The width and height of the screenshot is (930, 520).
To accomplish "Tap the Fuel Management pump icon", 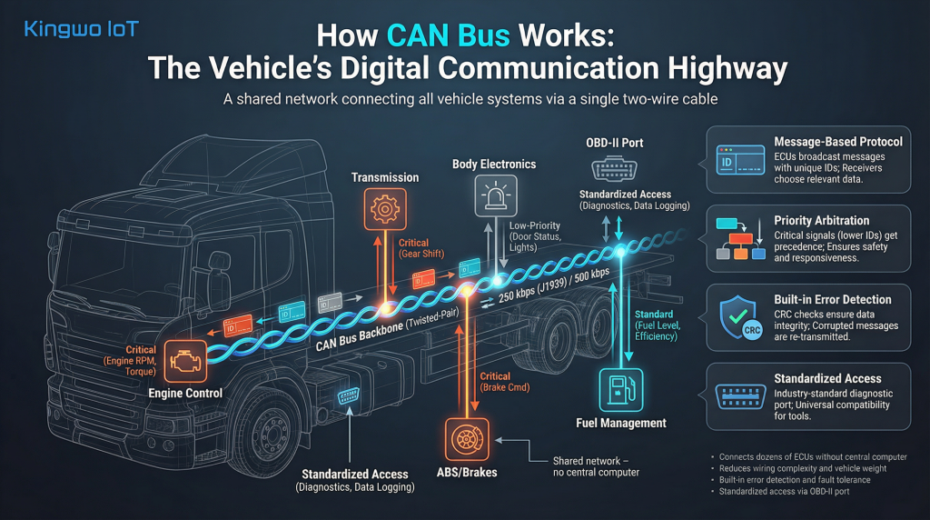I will (621, 388).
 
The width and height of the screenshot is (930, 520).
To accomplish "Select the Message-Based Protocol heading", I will (837, 142).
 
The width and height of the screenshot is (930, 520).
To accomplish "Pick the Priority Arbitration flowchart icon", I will (737, 239).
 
